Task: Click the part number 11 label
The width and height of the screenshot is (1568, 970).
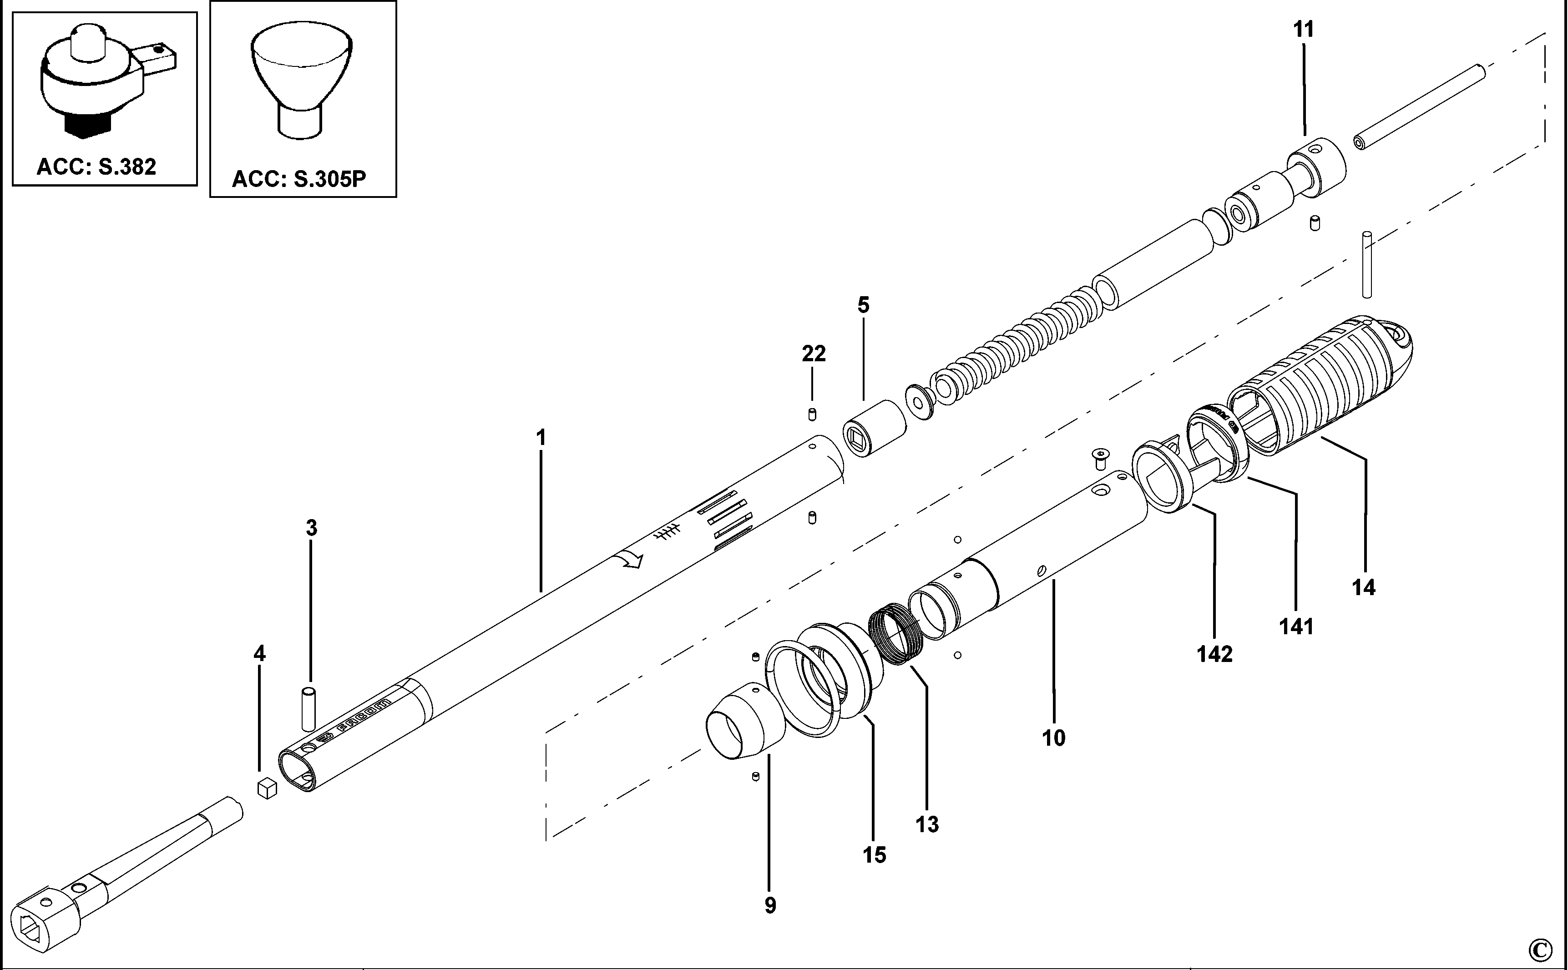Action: coord(1303,30)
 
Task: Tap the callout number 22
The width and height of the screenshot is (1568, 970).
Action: coord(814,354)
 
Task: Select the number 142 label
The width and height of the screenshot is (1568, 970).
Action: coord(1214,654)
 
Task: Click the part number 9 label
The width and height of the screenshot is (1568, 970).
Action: coord(770,905)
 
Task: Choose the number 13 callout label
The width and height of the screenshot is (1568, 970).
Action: coord(927,824)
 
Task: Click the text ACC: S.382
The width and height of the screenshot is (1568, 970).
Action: coord(96,167)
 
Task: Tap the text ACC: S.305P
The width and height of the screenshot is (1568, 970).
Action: coord(298,179)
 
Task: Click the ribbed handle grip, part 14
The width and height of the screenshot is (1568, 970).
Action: coord(1328,385)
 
